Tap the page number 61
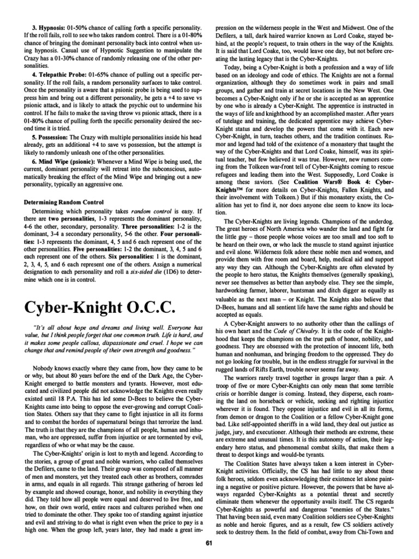point(209,543)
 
